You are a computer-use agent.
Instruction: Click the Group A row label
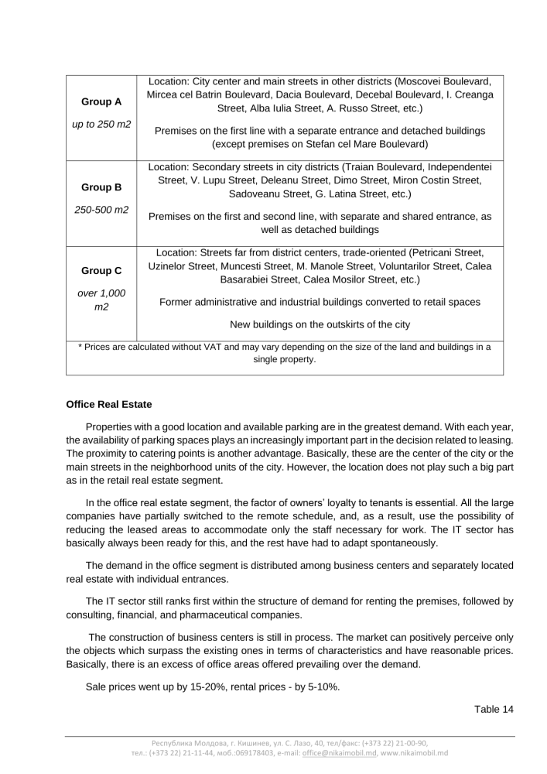coord(101,101)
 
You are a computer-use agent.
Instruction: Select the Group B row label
coord(101,187)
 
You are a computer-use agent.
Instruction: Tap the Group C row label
coord(101,271)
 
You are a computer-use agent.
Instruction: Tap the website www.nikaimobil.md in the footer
coord(412,752)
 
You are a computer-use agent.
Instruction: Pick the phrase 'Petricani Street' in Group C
coord(447,252)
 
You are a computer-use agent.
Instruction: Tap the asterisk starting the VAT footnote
coord(81,346)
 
